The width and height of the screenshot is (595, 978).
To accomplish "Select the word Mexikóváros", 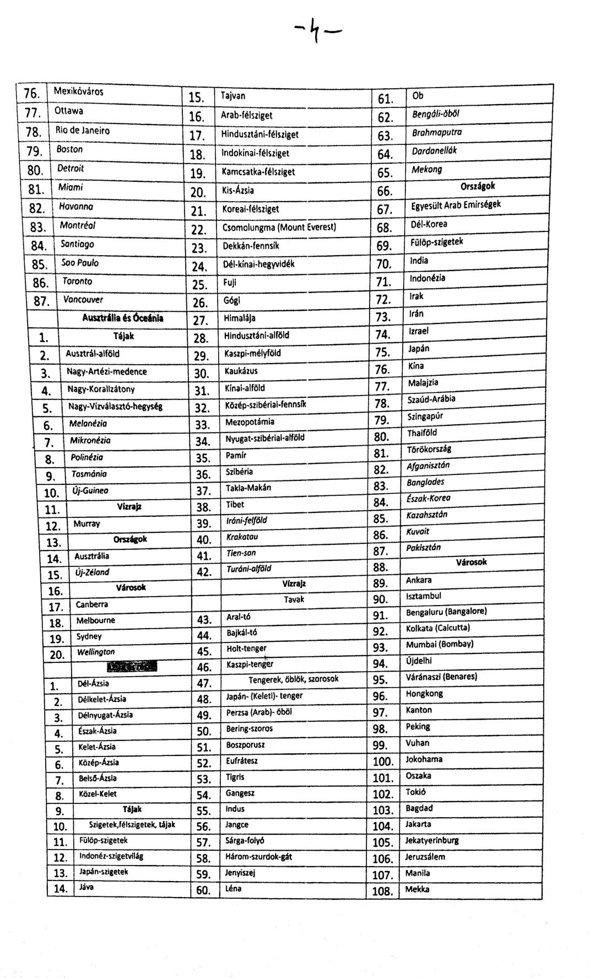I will [79, 91].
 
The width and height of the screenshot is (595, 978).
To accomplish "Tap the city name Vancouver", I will [83, 300].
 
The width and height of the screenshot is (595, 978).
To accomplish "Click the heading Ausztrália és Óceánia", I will [123, 318].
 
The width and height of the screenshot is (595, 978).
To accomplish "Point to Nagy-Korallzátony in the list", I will [101, 390].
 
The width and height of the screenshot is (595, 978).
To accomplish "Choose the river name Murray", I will [86, 523].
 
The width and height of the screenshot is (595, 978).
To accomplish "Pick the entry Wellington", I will [96, 652].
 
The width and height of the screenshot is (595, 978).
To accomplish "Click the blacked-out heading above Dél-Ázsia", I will [132, 667].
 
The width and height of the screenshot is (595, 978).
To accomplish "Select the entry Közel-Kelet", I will [98, 794].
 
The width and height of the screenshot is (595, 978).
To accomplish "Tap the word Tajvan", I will [233, 96].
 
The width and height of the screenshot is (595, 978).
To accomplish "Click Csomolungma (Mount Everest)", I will [279, 227].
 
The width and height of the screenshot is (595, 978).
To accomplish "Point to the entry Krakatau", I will [242, 537].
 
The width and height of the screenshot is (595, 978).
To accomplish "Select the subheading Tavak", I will [294, 599].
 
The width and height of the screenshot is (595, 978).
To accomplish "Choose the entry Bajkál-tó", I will [242, 633].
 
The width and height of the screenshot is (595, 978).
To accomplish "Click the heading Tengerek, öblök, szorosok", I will [293, 679].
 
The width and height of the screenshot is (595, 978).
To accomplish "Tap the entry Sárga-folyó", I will [245, 841].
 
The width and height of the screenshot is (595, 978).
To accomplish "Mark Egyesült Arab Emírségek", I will [456, 206].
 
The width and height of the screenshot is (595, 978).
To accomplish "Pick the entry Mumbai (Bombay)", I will [440, 645].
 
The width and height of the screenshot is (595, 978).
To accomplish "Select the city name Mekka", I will [417, 889].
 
